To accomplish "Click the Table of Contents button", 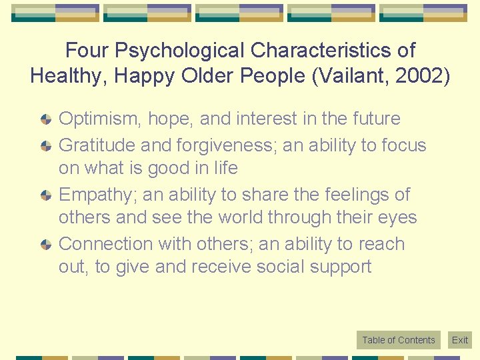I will click(x=398, y=340).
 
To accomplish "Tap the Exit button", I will click(x=460, y=340).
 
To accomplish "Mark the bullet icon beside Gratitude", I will click(x=45, y=145).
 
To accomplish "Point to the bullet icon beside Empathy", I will click(x=45, y=195).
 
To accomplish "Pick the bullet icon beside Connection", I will click(x=45, y=245).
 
